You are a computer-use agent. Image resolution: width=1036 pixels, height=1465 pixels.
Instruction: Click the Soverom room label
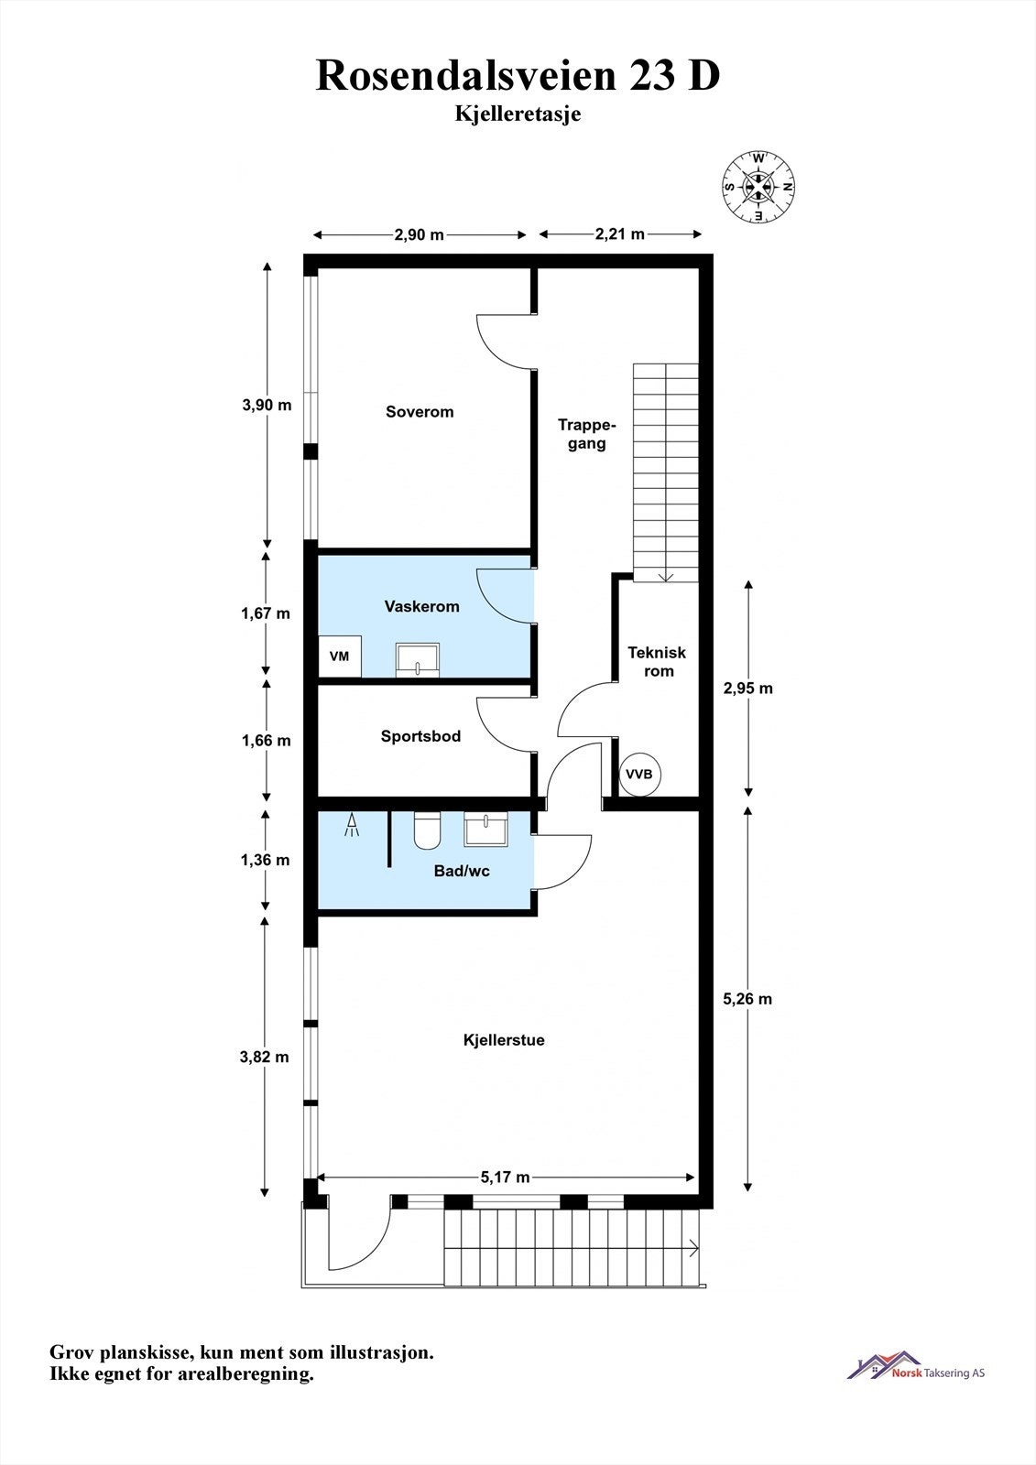click(x=420, y=412)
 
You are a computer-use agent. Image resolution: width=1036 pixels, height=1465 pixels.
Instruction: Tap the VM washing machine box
click(x=340, y=656)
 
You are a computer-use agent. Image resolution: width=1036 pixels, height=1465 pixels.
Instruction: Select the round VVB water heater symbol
click(x=639, y=775)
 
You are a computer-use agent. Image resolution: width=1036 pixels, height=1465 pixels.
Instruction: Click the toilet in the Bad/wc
click(x=428, y=830)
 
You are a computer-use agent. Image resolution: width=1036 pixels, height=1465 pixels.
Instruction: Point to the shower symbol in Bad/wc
click(x=352, y=825)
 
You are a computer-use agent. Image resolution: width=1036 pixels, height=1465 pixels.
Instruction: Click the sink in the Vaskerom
click(x=418, y=660)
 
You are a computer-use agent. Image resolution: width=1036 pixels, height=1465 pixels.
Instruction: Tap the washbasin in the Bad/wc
click(x=485, y=830)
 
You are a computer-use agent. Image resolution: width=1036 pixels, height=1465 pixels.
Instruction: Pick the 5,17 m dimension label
click(x=505, y=1177)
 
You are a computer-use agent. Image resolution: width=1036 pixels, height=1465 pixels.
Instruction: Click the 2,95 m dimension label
click(x=747, y=688)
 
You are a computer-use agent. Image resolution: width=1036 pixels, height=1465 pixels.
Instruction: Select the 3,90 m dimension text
click(x=267, y=405)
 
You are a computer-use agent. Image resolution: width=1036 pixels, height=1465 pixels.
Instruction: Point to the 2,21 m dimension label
click(x=619, y=234)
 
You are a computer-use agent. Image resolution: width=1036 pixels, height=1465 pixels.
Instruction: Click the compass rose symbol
click(x=758, y=187)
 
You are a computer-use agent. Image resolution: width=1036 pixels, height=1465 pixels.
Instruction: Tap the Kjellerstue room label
click(x=503, y=1040)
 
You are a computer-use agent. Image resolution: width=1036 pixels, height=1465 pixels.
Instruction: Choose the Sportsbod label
click(x=420, y=736)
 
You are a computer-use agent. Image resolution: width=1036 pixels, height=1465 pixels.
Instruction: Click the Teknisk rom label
click(x=657, y=662)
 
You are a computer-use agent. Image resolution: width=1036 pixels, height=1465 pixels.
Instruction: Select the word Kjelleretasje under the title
click(x=518, y=114)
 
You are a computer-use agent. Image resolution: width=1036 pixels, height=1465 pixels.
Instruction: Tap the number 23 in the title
click(x=652, y=75)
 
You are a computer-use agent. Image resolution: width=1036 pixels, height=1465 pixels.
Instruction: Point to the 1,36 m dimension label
click(x=265, y=860)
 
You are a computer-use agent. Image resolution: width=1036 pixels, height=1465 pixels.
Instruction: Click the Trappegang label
click(x=586, y=434)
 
